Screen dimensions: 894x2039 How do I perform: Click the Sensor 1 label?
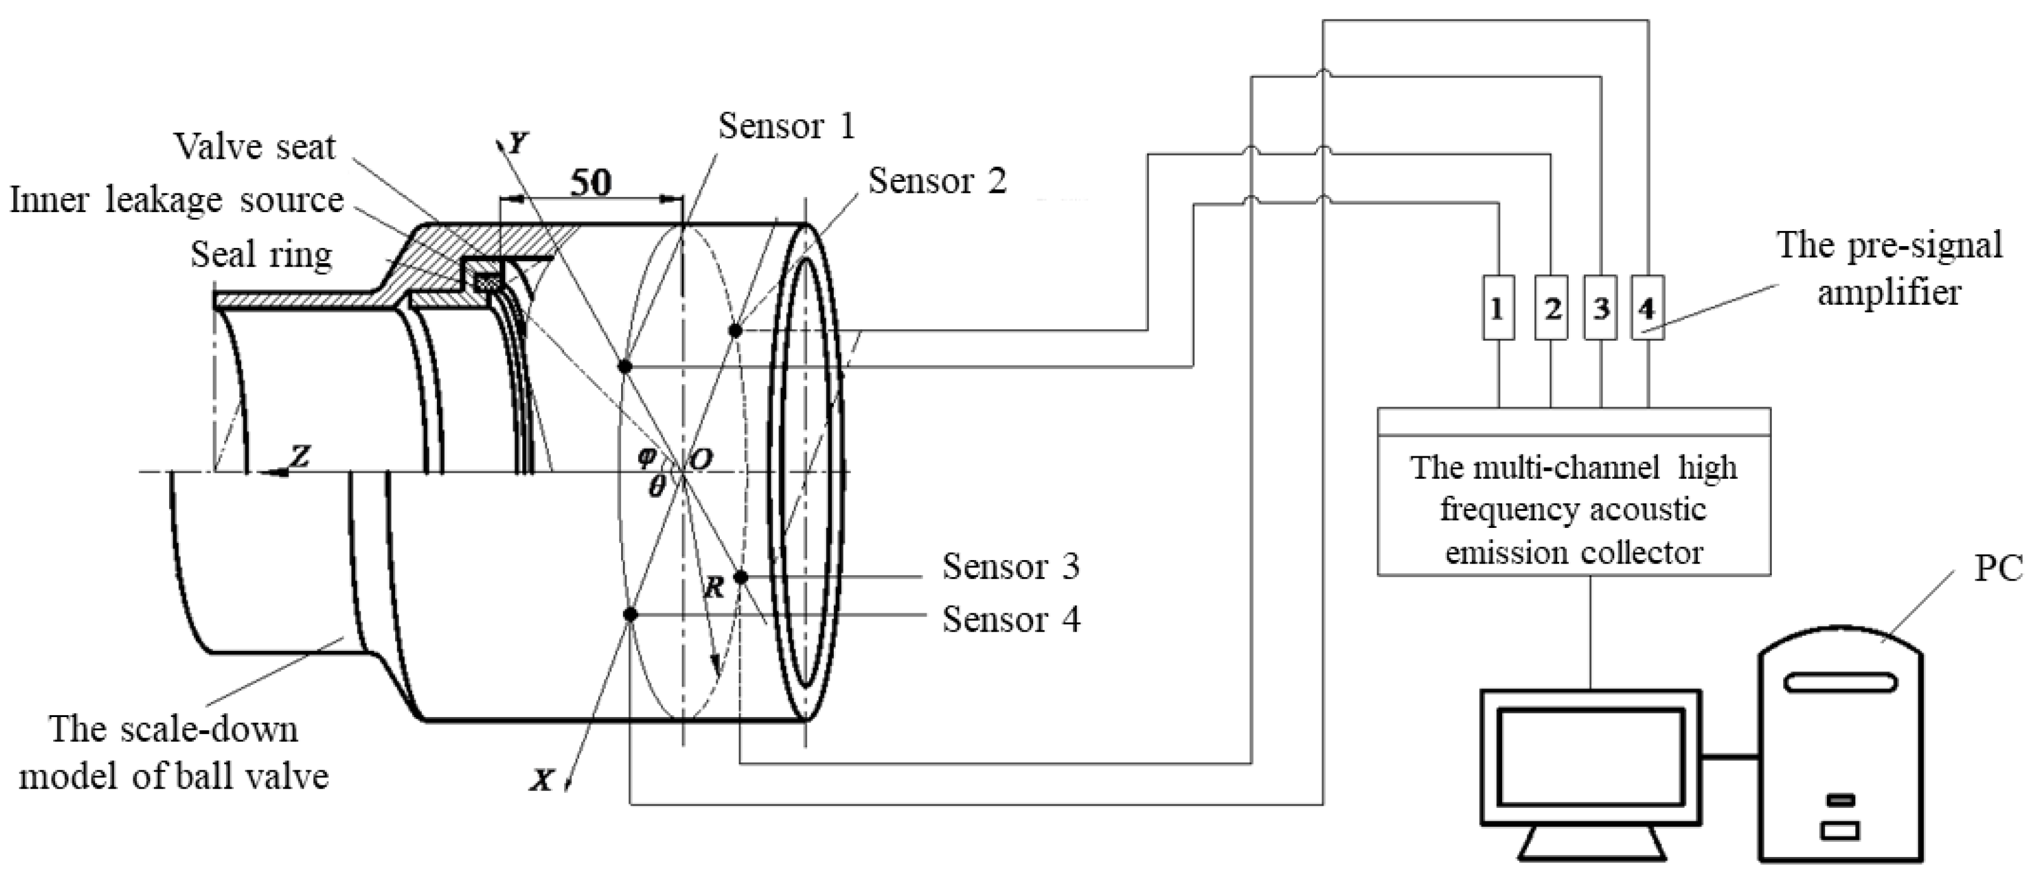click(x=786, y=127)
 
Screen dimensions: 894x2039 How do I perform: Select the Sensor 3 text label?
click(x=1010, y=567)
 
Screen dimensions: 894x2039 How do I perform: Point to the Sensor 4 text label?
click(x=1010, y=619)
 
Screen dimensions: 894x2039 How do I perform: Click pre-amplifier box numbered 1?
click(x=1497, y=308)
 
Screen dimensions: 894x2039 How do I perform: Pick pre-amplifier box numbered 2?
click(x=1551, y=308)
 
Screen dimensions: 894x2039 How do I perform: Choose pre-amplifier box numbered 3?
click(x=1600, y=308)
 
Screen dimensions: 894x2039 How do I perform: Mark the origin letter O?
click(x=700, y=459)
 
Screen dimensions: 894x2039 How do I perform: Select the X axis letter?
click(x=542, y=781)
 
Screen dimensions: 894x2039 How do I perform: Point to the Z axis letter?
click(x=299, y=456)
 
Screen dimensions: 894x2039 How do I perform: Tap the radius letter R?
click(x=714, y=587)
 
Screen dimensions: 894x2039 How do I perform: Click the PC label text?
click(x=1998, y=569)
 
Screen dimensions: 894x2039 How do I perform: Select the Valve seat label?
click(x=255, y=147)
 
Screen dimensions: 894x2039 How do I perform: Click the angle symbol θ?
click(x=656, y=486)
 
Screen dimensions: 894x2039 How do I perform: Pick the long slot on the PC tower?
click(x=1840, y=682)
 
